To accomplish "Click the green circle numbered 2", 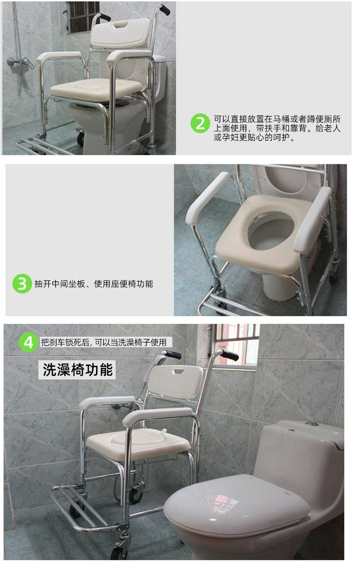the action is click(x=200, y=123).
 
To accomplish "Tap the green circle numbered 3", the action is click(x=22, y=283).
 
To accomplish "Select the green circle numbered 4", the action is click(x=28, y=342).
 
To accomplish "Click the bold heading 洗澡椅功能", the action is click(x=78, y=369).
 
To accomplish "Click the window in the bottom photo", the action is click(x=236, y=346).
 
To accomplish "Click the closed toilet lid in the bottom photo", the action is click(x=237, y=504).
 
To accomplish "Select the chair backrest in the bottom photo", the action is click(x=175, y=381).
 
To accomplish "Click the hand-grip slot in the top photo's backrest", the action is click(x=121, y=24).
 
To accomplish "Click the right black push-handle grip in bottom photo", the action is click(x=229, y=355).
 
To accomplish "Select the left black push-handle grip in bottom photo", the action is click(x=173, y=354).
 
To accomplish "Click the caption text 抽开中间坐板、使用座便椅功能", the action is click(x=94, y=284).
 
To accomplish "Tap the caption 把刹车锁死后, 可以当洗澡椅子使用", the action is click(x=104, y=342).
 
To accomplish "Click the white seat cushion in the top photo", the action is click(x=96, y=89).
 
